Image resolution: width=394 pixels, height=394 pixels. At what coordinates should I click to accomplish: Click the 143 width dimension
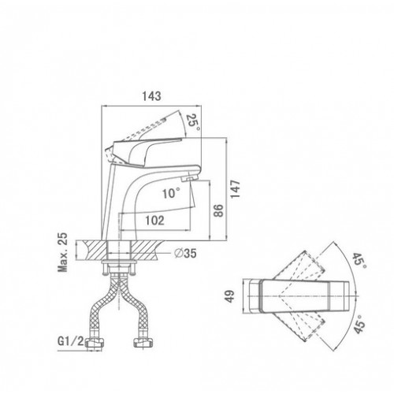(151, 96)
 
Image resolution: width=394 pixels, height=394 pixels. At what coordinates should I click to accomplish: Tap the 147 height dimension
(235, 189)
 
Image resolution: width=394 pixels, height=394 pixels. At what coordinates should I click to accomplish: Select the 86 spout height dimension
(218, 210)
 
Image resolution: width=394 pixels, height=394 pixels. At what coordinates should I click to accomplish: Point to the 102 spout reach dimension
(154, 221)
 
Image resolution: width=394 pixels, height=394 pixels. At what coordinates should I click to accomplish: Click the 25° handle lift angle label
(194, 123)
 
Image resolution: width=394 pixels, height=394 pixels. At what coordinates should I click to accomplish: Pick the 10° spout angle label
(171, 194)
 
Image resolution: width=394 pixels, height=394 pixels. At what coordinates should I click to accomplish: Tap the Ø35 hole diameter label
(185, 253)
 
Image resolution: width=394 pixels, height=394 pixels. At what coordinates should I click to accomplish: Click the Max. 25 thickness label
(63, 252)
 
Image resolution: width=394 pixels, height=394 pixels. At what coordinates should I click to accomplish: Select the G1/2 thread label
(70, 341)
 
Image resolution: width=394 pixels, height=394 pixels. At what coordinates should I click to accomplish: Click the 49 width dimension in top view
(230, 296)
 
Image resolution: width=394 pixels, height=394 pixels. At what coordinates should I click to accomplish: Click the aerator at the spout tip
(189, 179)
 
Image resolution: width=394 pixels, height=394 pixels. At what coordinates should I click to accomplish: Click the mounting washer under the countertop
(119, 262)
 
